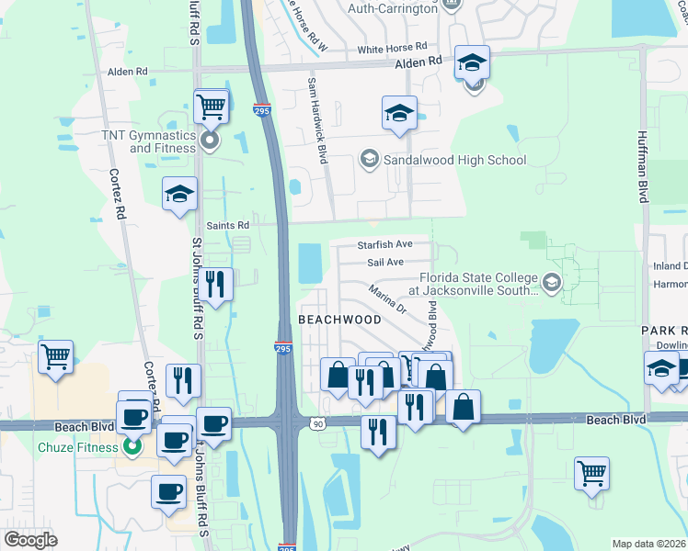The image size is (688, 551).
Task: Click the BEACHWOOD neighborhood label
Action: (x=339, y=320)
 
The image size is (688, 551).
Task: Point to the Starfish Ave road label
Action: (x=385, y=245)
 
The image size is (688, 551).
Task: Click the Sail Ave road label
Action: (x=386, y=263)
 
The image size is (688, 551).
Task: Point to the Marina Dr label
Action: (x=387, y=298)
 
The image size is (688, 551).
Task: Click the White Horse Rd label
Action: (x=393, y=47)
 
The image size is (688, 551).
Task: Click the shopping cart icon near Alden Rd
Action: (x=212, y=107)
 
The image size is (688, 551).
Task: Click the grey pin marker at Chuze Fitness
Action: (x=132, y=447)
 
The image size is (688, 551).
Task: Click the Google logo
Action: (x=30, y=541)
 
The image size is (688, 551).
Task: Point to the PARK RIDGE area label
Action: (x=664, y=329)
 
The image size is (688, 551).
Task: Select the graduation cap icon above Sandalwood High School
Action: (x=399, y=114)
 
